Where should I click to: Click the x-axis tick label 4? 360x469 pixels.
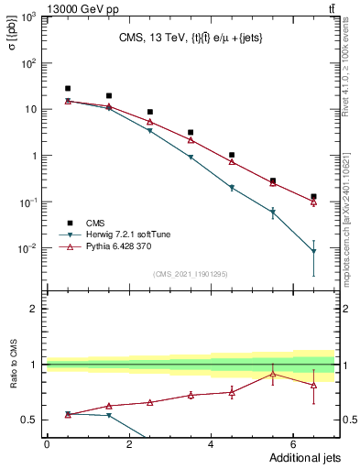211,444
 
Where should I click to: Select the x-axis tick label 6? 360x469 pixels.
293,444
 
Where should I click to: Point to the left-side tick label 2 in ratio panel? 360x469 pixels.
33,309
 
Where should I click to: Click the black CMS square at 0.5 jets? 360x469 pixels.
67,88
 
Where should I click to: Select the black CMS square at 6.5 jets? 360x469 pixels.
313,196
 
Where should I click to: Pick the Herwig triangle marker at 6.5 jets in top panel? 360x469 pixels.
313,251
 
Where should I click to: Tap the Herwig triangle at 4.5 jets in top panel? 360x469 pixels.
232,188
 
